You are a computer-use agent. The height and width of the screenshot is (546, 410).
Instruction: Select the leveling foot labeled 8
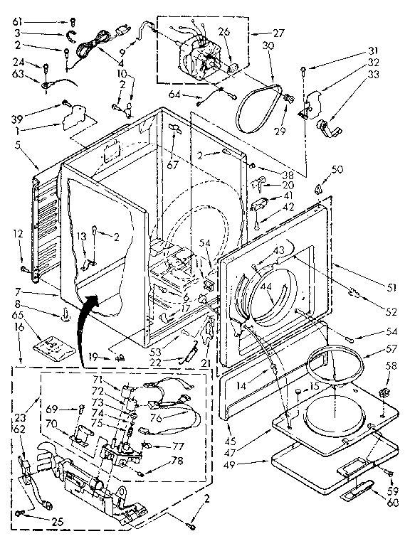tap(65, 316)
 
